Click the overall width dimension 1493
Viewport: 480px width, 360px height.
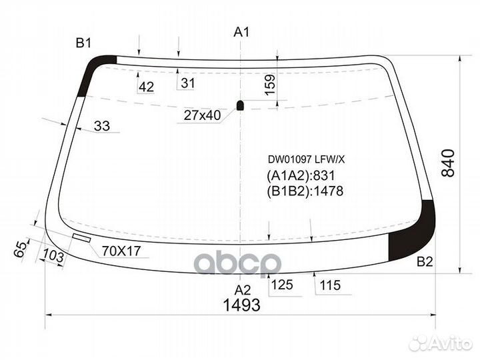click(x=241, y=305)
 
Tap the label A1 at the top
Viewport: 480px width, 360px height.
click(x=241, y=32)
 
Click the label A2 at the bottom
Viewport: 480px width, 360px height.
click(x=242, y=289)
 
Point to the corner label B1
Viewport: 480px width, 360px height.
click(x=83, y=43)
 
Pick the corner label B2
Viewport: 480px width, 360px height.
click(x=425, y=261)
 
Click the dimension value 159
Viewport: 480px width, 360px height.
click(x=270, y=85)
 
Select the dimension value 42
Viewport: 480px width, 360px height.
click(x=147, y=86)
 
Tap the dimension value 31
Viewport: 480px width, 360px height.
click(x=188, y=83)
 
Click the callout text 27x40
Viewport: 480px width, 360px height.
click(x=202, y=115)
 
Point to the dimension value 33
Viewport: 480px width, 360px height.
click(x=101, y=125)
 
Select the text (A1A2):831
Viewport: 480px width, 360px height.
click(x=300, y=176)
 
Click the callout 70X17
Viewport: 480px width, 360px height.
click(x=122, y=251)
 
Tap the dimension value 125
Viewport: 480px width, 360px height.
click(x=282, y=285)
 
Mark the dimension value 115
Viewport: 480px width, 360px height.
click(x=329, y=285)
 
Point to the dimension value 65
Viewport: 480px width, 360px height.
click(x=21, y=249)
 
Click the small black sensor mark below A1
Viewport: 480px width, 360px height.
click(x=241, y=104)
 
